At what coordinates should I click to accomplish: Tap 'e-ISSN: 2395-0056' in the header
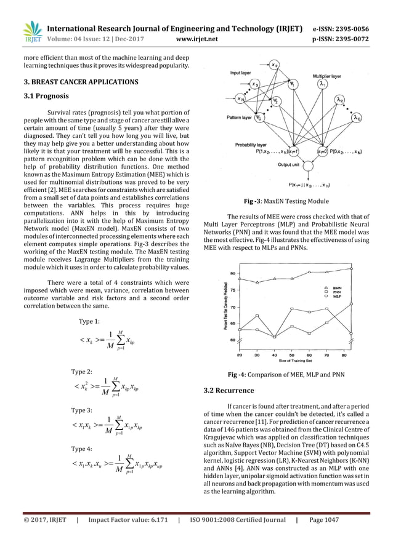[x=349, y=29]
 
